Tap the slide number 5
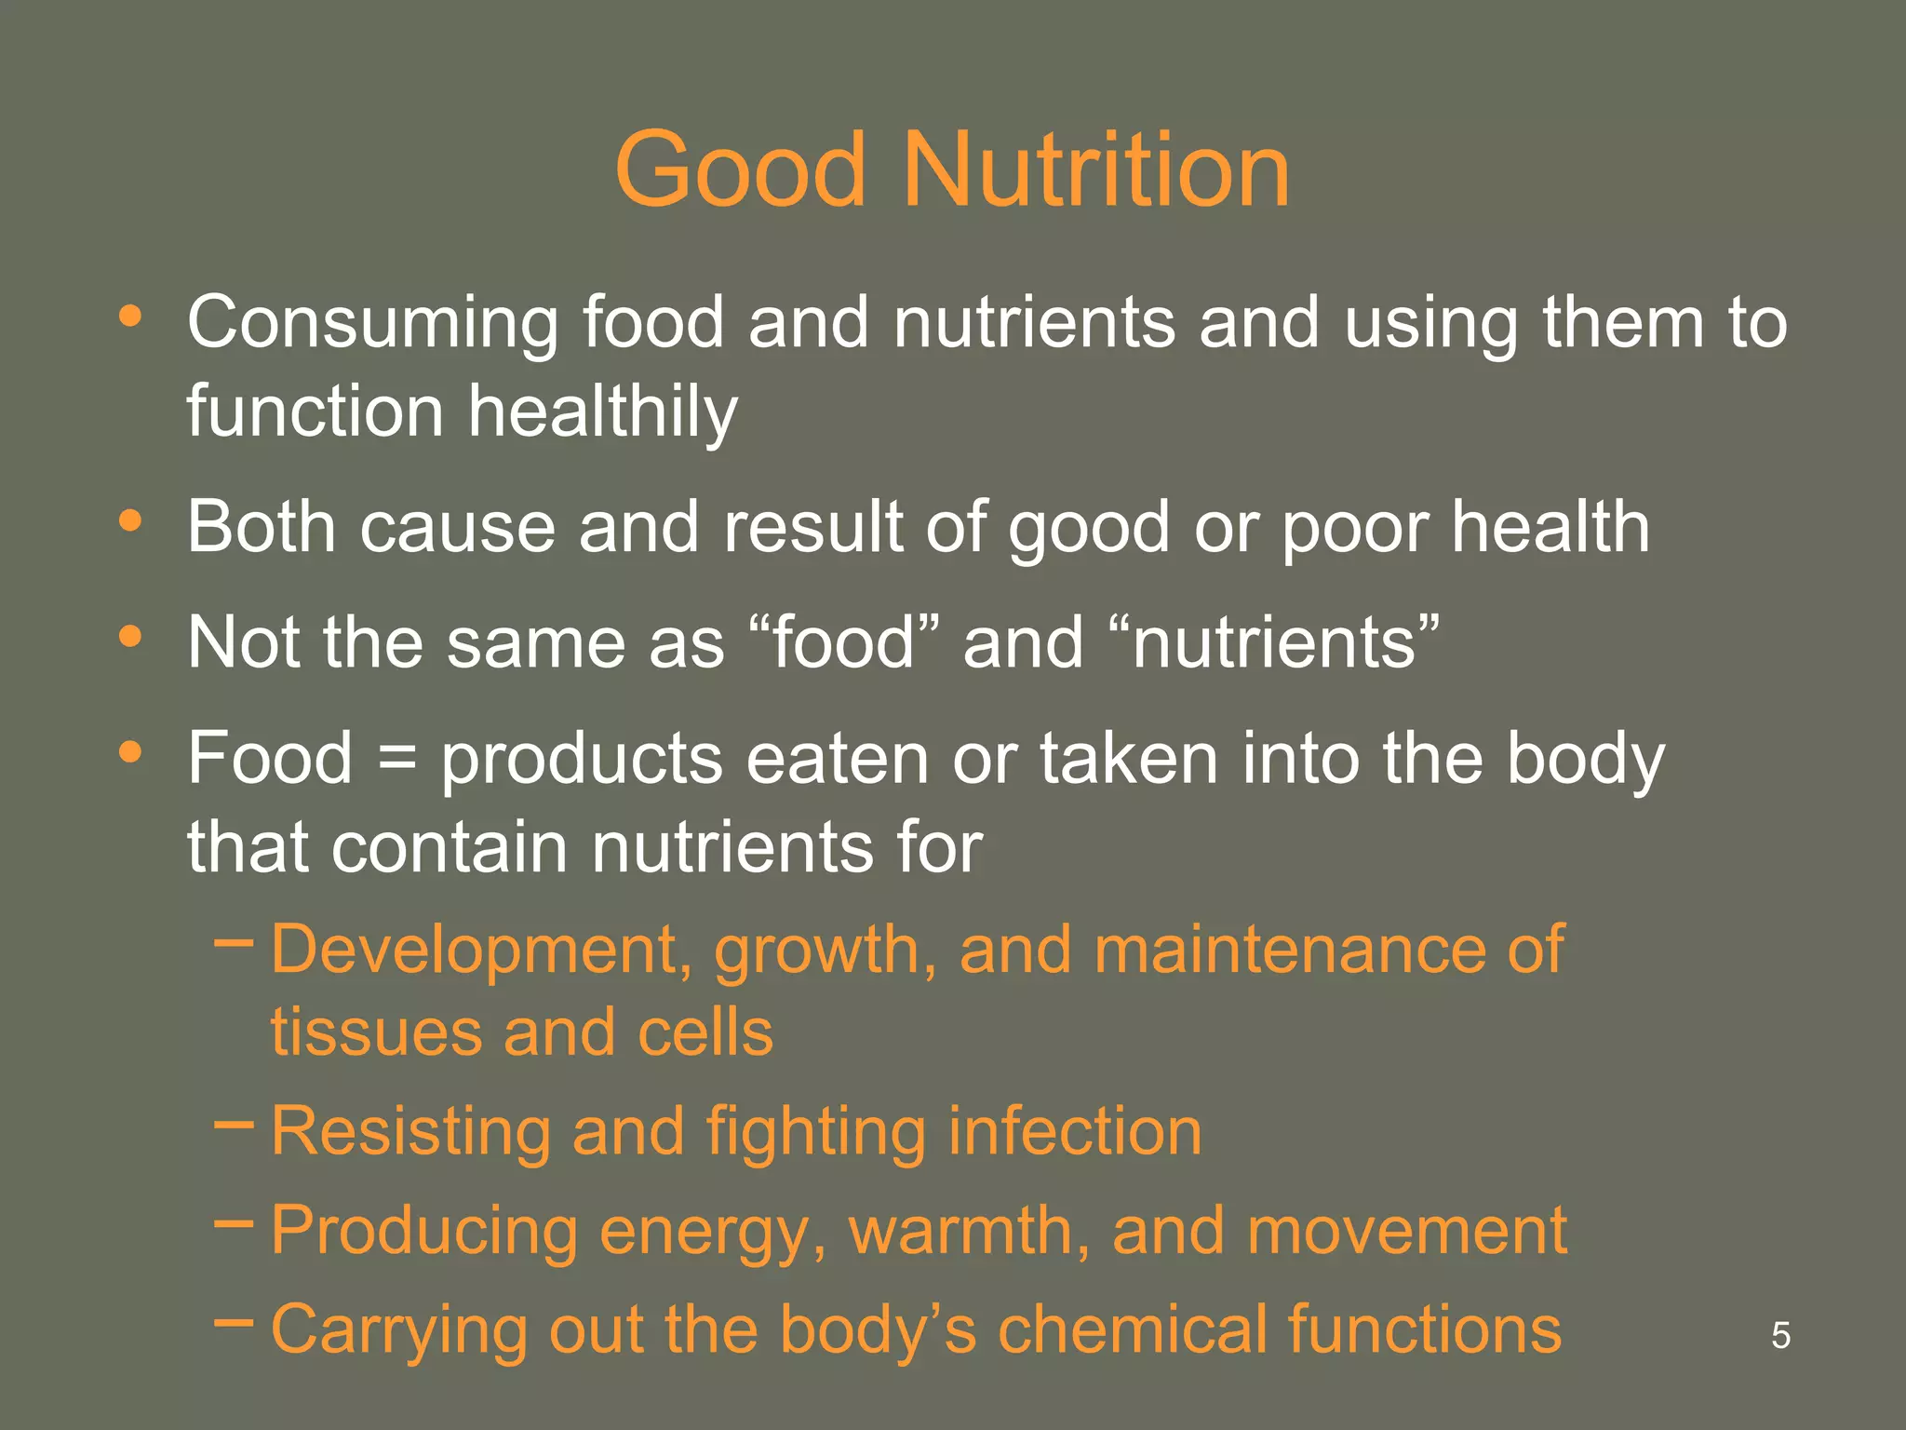click(x=1780, y=1335)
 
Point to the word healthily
click(x=603, y=412)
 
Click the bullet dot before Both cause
click(x=130, y=520)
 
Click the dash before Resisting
click(x=233, y=1124)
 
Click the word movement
click(x=1406, y=1231)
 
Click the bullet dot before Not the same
click(x=130, y=637)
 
